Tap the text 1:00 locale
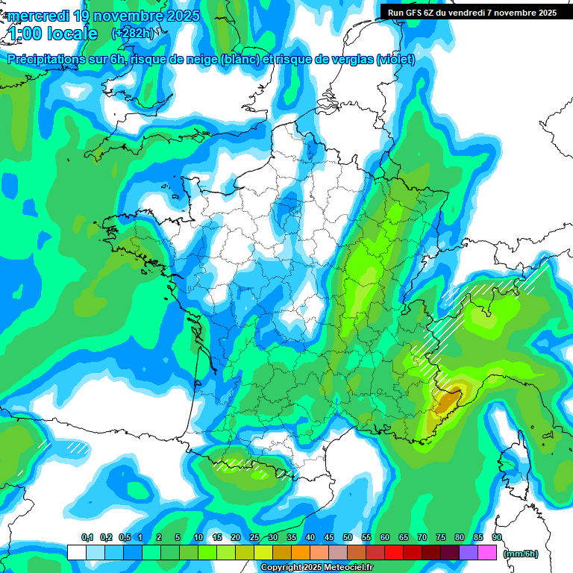(53, 34)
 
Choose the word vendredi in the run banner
(477, 12)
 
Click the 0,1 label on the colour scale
(87, 538)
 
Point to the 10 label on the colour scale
(198, 538)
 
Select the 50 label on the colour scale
(348, 538)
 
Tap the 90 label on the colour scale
(496, 538)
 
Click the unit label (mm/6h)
(521, 554)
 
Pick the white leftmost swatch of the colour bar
(76, 552)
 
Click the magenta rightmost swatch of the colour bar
(487, 552)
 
